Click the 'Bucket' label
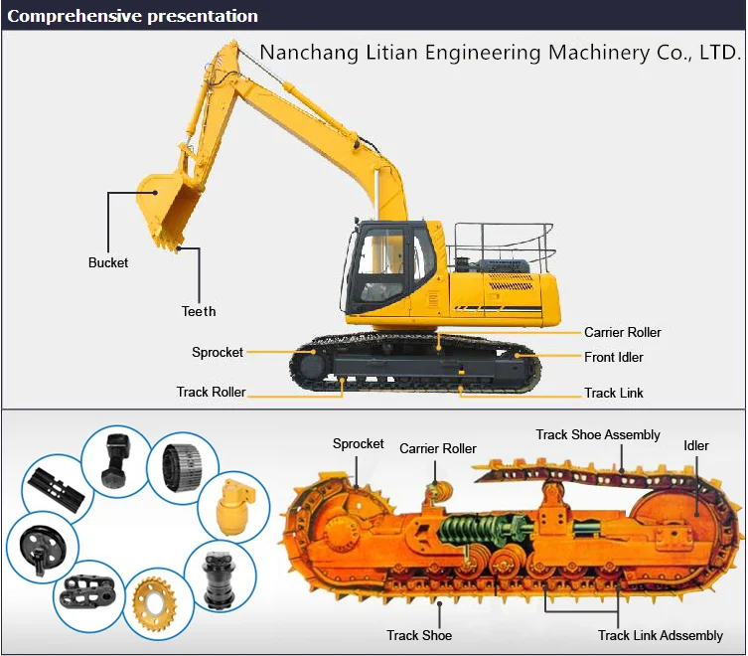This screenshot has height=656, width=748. (108, 263)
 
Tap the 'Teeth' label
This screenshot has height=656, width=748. (199, 312)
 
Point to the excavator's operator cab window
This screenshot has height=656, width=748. (382, 263)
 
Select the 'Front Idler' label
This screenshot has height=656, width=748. (613, 357)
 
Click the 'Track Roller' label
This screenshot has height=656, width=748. (211, 393)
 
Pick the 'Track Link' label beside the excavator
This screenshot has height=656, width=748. (613, 393)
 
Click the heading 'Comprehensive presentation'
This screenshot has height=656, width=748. (132, 16)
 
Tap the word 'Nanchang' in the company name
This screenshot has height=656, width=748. (301, 52)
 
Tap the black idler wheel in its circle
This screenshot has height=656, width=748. (38, 545)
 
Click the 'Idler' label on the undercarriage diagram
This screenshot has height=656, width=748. (695, 445)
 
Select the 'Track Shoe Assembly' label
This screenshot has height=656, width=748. (598, 434)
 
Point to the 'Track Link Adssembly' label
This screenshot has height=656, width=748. (660, 635)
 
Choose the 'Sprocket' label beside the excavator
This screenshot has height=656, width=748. (217, 352)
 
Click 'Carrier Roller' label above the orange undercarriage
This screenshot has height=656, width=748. (437, 449)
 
